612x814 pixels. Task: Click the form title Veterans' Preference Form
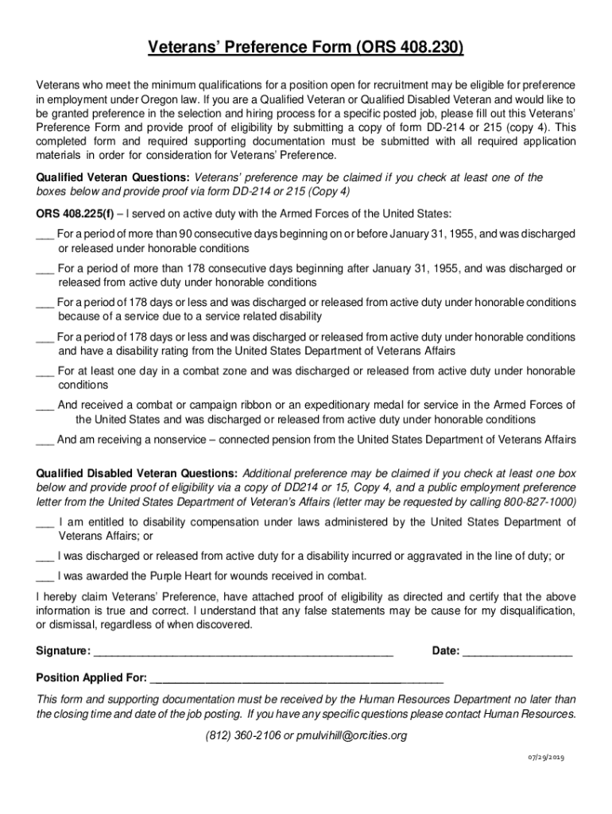click(x=305, y=51)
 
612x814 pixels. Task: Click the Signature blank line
click(x=243, y=653)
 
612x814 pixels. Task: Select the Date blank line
click(x=517, y=653)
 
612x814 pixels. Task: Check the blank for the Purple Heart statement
click(x=45, y=577)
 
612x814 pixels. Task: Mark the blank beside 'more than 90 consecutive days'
click(x=45, y=235)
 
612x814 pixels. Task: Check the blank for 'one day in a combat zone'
click(x=45, y=371)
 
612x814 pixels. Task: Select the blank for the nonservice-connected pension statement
click(x=45, y=440)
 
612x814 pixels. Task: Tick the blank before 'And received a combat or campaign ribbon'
click(x=45, y=405)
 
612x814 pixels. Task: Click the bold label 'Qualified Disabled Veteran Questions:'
click(x=137, y=474)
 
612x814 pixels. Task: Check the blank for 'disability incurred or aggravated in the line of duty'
click(x=45, y=556)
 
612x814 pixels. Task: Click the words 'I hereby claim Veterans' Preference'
click(x=111, y=597)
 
